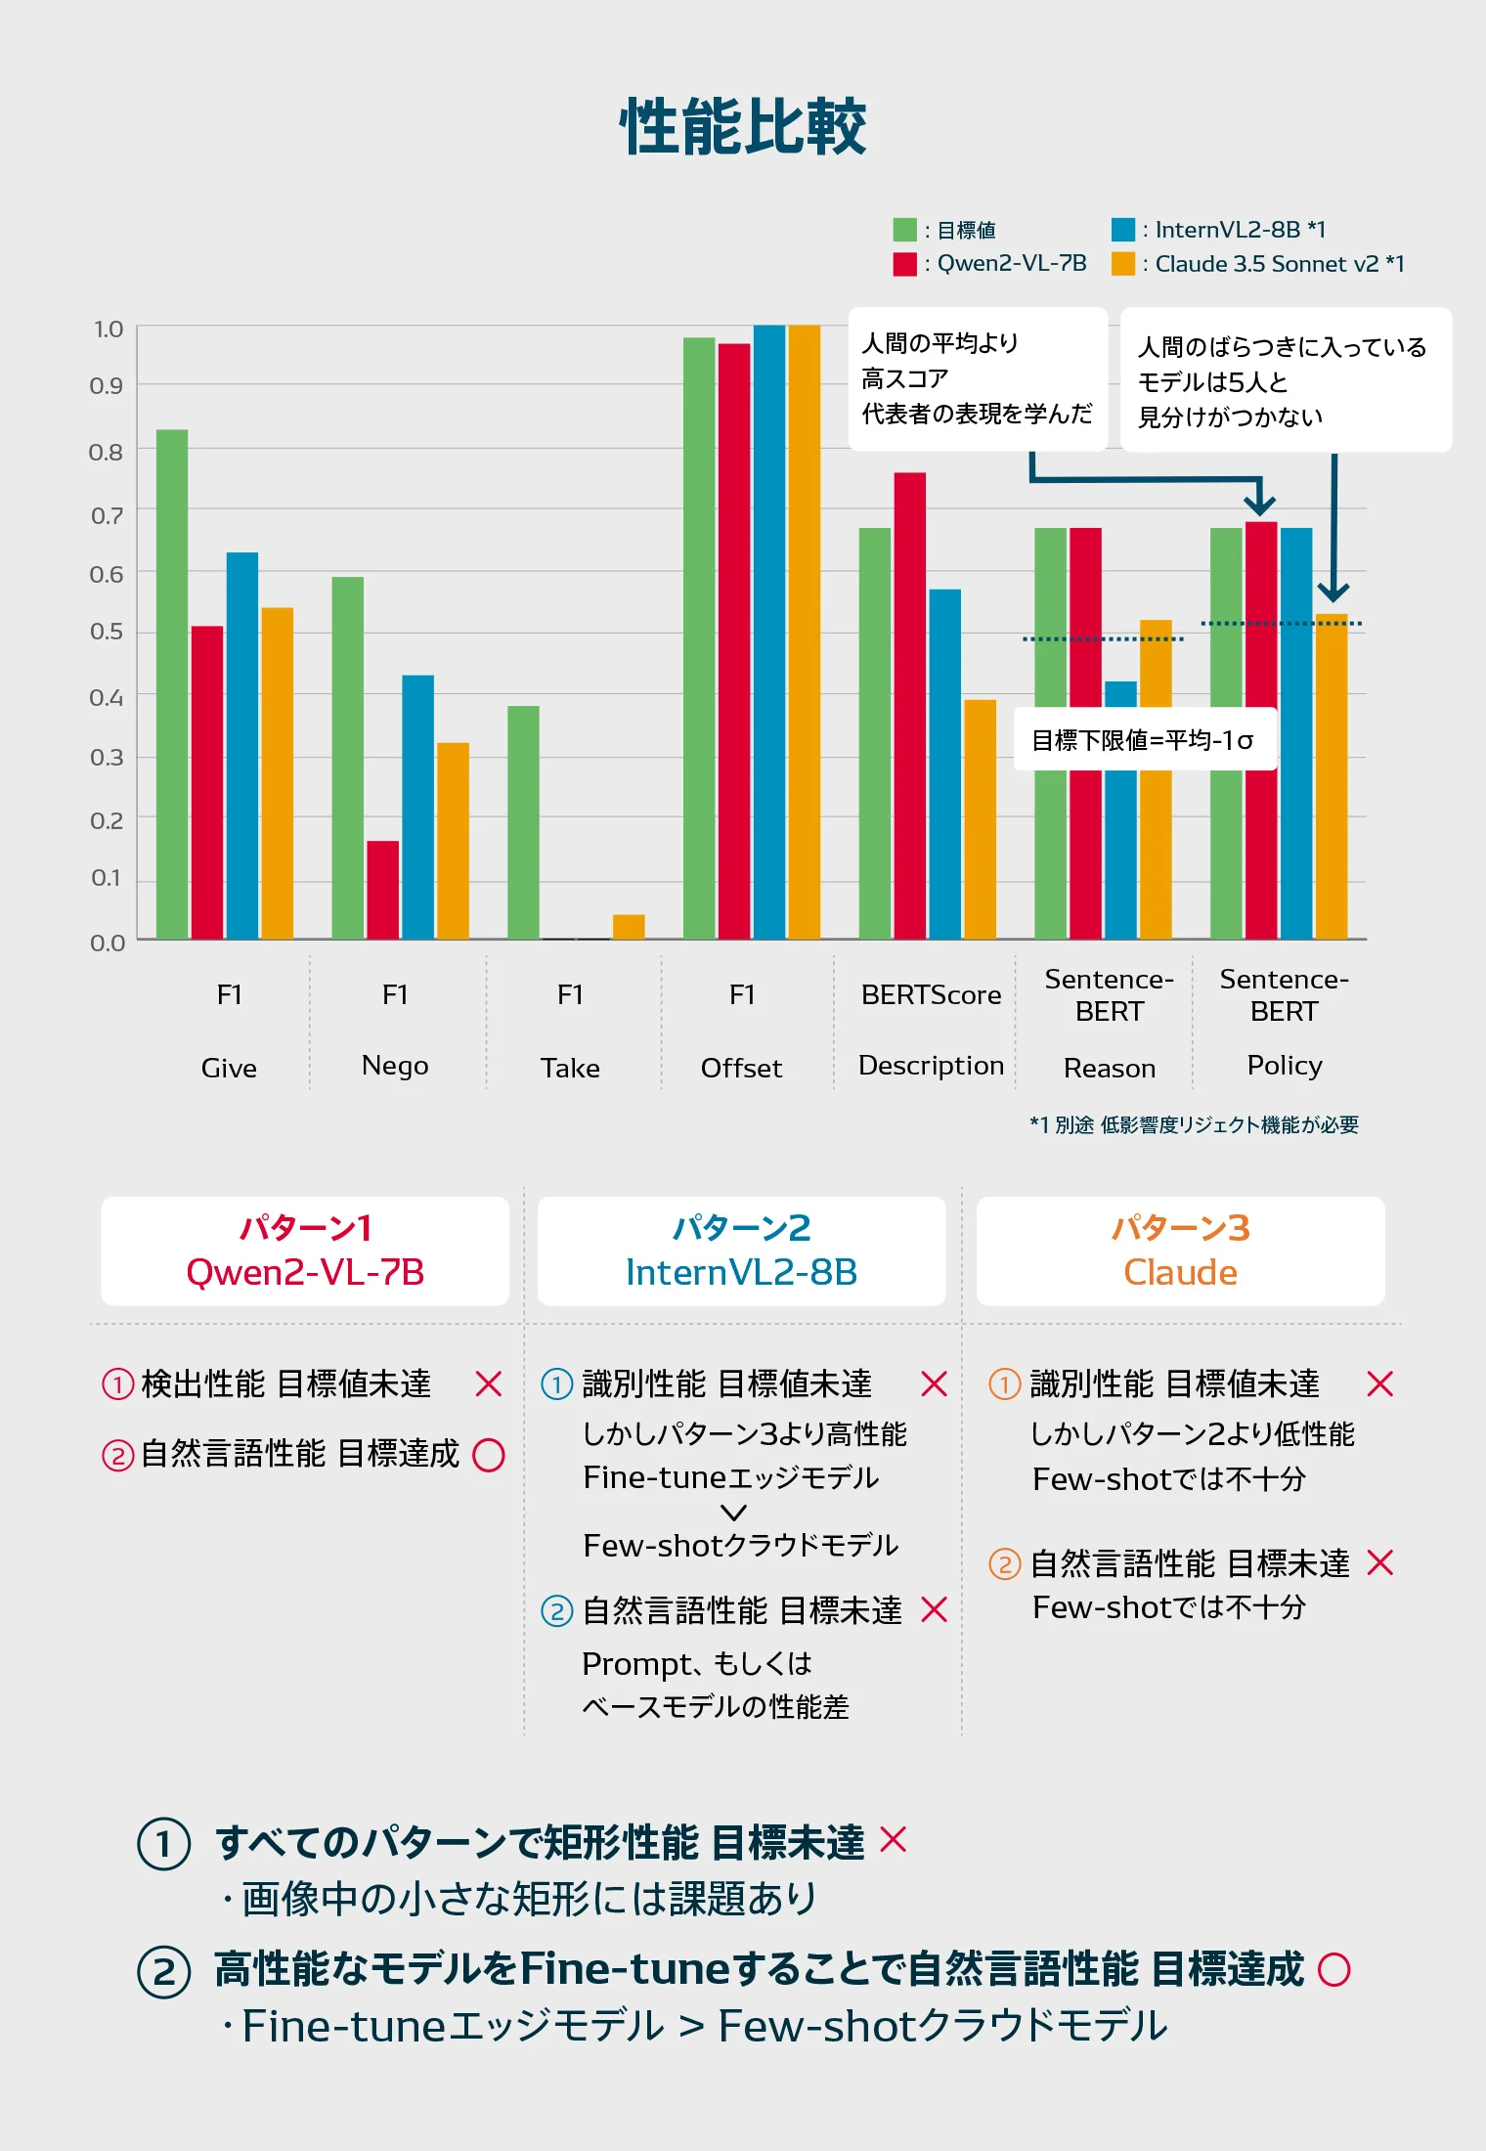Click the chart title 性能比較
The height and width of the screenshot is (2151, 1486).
point(743,127)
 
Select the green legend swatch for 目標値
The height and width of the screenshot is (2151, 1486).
point(904,230)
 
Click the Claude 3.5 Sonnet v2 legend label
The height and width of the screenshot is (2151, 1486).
point(1279,264)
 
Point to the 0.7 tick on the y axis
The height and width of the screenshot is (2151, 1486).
point(107,515)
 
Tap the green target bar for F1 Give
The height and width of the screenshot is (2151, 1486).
point(172,684)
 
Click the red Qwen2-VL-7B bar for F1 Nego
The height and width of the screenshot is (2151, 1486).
point(382,890)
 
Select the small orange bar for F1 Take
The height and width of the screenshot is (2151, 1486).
point(629,927)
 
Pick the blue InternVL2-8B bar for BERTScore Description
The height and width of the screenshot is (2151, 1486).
point(944,763)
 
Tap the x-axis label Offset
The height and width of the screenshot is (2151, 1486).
point(741,1068)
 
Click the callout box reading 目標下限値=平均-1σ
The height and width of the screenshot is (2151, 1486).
point(1144,740)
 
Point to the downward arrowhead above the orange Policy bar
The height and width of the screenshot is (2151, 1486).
point(1333,591)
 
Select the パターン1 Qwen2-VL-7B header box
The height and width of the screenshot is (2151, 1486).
point(305,1251)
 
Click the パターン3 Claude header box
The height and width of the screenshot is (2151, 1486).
point(1180,1251)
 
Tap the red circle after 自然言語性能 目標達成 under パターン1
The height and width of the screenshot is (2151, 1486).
point(489,1455)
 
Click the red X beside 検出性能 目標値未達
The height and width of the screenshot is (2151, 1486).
point(488,1383)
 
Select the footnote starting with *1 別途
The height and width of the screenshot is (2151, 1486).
point(1194,1124)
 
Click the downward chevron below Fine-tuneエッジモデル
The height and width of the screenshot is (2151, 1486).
point(733,1513)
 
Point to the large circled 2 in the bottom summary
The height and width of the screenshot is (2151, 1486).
point(163,1971)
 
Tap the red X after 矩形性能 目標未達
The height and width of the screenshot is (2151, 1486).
point(894,1840)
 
